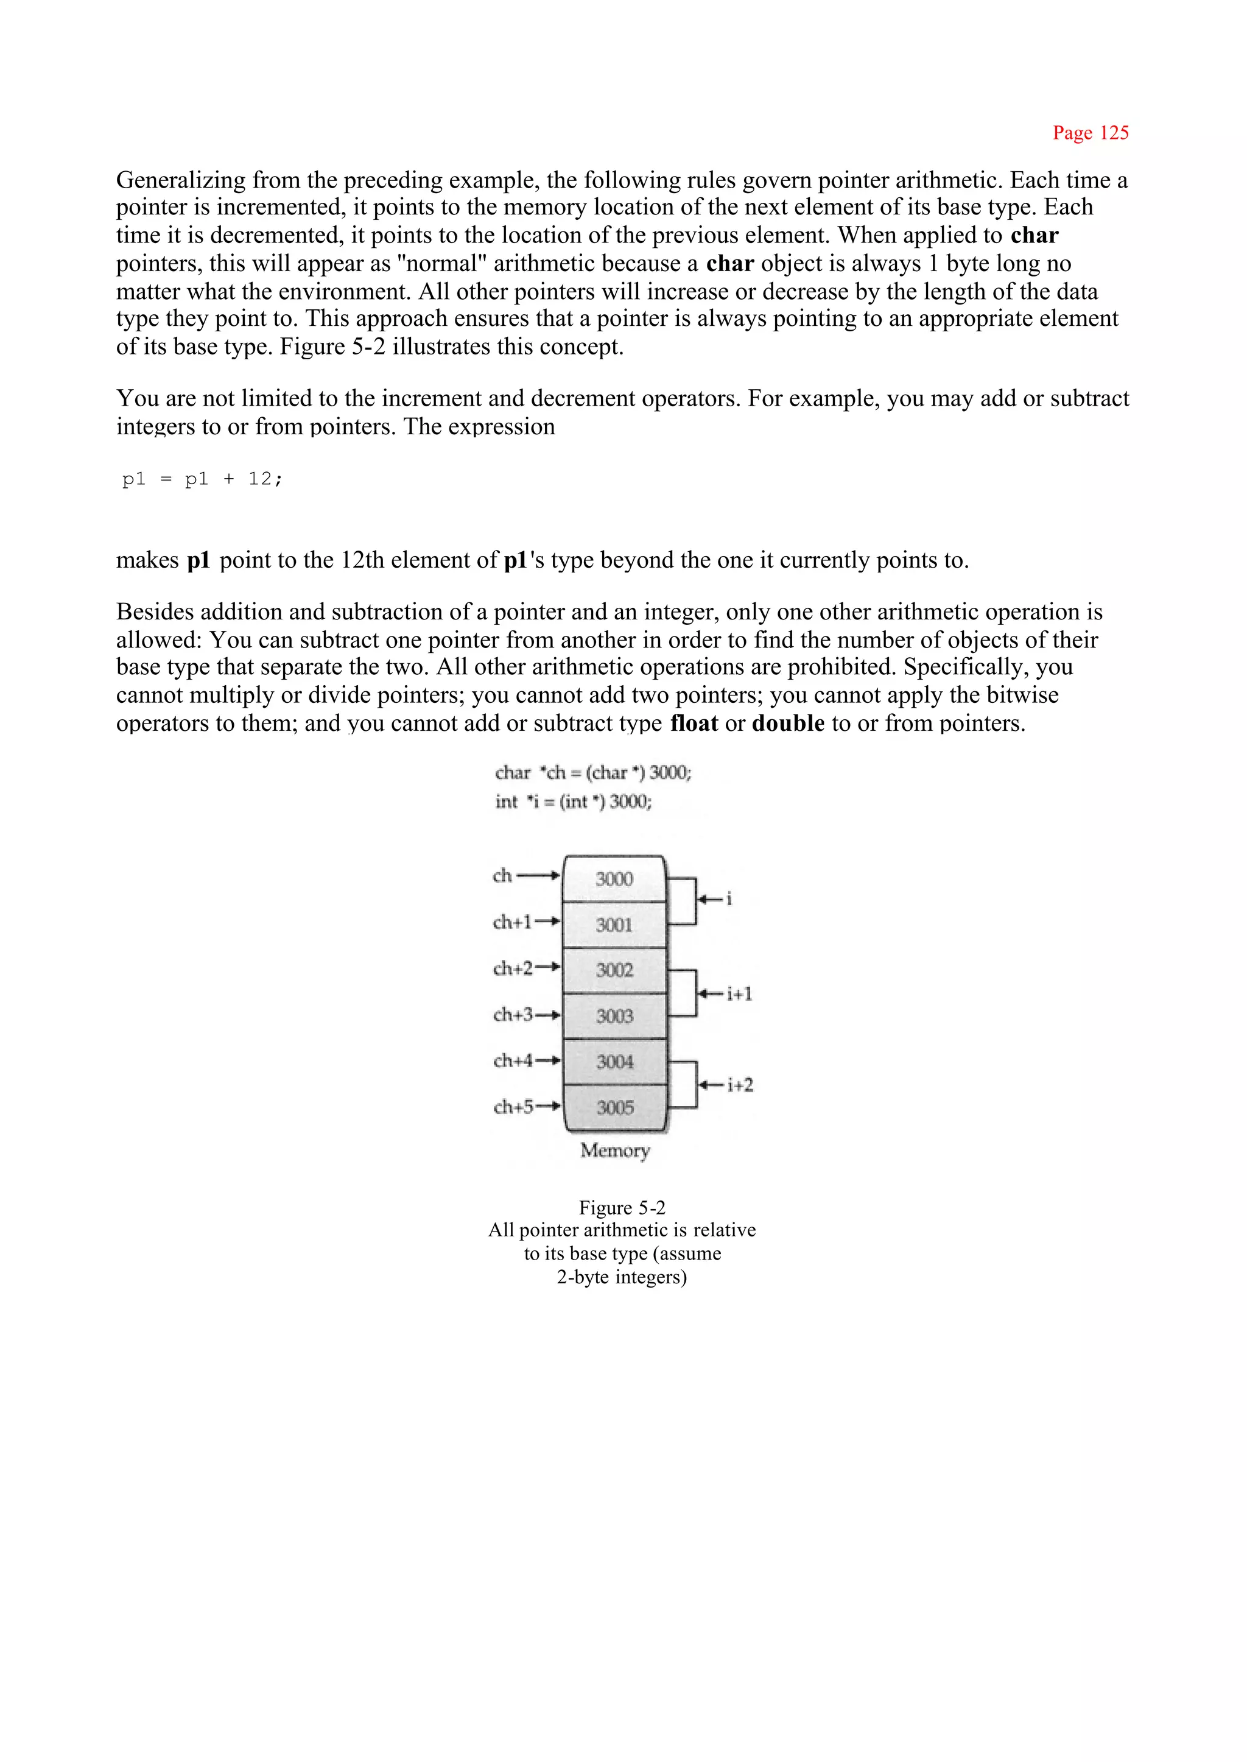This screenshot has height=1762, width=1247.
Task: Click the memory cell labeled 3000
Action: [614, 879]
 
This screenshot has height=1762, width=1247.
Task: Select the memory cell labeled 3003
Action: [614, 1016]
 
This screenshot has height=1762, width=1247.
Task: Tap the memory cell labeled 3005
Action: [614, 1108]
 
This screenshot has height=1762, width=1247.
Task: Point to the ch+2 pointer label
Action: [512, 968]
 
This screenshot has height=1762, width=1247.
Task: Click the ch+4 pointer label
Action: [512, 1061]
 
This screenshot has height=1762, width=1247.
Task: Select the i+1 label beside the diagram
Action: [739, 994]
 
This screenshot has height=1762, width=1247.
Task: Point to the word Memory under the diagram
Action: [615, 1150]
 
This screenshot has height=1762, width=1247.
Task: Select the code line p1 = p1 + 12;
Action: [203, 479]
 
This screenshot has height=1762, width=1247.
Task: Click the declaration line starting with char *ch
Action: [593, 773]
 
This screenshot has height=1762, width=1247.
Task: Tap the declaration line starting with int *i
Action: [573, 802]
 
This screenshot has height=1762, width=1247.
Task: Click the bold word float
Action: [694, 724]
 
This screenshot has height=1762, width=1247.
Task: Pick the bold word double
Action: [788, 724]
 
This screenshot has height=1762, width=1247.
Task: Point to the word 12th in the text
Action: [362, 561]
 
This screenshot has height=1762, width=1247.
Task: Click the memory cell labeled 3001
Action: [614, 925]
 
